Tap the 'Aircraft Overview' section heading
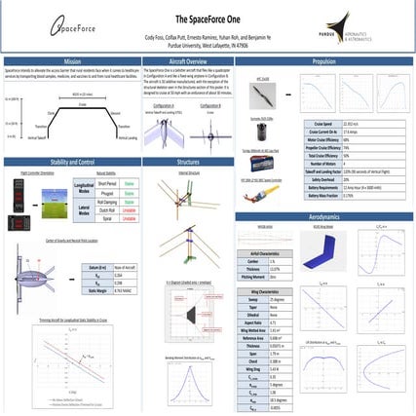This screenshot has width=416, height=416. click(x=208, y=59)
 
